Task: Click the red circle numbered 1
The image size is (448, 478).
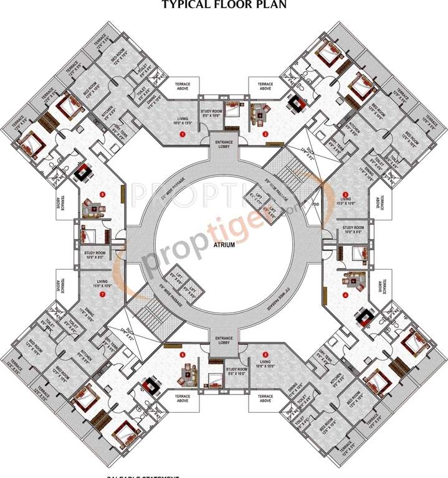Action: (x=183, y=134)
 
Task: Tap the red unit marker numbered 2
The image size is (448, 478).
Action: (x=265, y=134)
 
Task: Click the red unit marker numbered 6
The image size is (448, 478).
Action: (x=182, y=355)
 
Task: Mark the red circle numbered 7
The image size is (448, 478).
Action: (x=102, y=294)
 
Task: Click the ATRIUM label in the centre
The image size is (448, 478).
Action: (x=224, y=245)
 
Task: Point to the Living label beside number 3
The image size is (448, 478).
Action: (x=345, y=200)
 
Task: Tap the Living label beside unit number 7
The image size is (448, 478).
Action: (x=102, y=283)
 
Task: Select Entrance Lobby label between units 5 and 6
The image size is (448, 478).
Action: (x=223, y=340)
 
